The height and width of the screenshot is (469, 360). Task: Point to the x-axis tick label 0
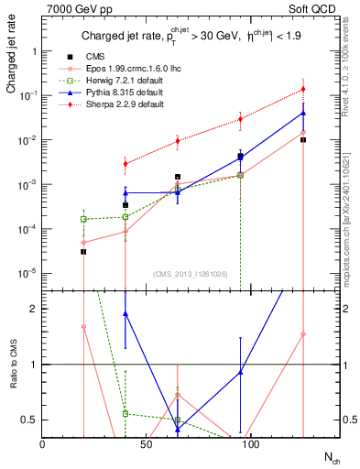[43, 443]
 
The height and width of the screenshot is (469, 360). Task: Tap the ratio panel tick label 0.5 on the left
[32, 420]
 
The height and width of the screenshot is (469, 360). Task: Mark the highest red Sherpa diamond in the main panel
[302, 89]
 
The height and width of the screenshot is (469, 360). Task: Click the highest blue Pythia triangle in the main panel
[302, 114]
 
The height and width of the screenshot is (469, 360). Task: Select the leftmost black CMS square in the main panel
[83, 251]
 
